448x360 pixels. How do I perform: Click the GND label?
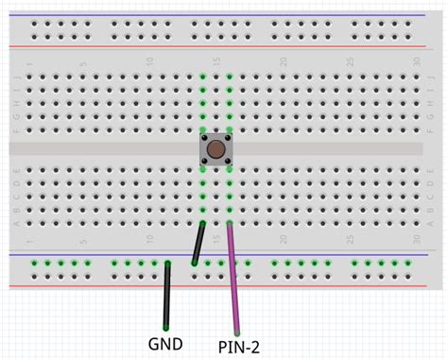[165, 343]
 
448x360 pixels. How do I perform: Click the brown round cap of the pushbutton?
[216, 149]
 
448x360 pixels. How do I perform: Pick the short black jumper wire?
[198, 244]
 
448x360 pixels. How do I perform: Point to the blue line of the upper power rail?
[224, 15]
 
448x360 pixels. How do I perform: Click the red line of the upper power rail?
[224, 46]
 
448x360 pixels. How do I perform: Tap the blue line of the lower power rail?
[224, 254]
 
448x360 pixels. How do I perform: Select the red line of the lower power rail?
[224, 285]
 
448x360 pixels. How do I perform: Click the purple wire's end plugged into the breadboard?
[230, 224]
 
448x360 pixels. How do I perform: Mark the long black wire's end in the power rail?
[167, 264]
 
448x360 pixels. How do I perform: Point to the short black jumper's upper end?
[202, 224]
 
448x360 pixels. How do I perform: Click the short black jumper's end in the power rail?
[194, 264]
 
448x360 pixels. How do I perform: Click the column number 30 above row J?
[417, 63]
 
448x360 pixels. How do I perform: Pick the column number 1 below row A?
[29, 237]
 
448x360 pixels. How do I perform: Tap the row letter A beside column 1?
[17, 223]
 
